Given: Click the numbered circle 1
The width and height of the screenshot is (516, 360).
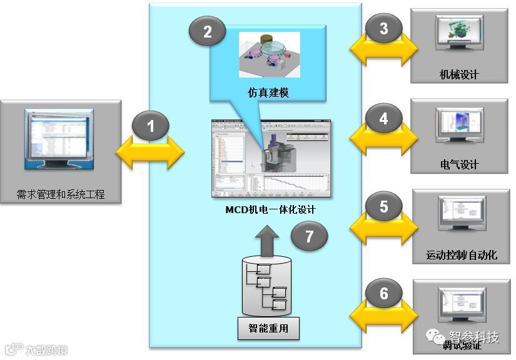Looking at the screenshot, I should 150,127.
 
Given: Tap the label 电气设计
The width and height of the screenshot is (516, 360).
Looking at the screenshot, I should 459,165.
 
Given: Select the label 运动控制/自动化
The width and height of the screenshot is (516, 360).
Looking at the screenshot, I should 462,255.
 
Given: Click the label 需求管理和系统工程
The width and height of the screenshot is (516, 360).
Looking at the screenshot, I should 61,194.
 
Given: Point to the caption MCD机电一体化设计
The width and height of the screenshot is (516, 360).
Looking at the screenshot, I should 270,210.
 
